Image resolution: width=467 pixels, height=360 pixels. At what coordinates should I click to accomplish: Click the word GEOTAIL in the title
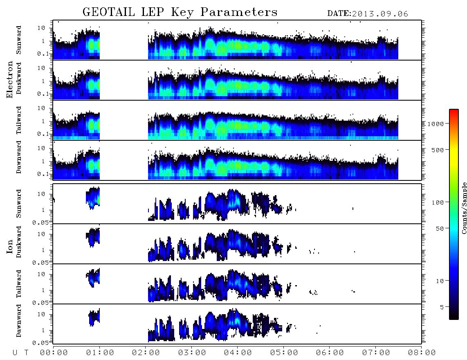pyautogui.click(x=109, y=12)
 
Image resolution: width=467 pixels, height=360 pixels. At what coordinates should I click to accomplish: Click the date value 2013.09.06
pyautogui.click(x=380, y=14)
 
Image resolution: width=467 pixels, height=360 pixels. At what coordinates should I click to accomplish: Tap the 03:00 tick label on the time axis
pyautogui.click(x=192, y=353)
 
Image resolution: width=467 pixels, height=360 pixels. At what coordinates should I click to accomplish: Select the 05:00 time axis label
pyautogui.click(x=284, y=353)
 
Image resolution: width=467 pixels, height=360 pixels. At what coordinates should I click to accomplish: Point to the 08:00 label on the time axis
pyautogui.click(x=422, y=353)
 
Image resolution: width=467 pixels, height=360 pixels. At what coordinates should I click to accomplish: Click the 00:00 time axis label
pyautogui.click(x=54, y=353)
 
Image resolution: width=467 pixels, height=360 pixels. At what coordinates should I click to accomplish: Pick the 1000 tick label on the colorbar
pyautogui.click(x=436, y=124)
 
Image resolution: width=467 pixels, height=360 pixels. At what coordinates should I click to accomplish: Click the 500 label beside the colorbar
pyautogui.click(x=438, y=150)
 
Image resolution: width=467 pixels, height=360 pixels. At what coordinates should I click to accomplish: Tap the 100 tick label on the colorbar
pyautogui.click(x=438, y=202)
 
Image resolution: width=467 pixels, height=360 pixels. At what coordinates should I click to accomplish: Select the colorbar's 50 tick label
pyautogui.click(x=440, y=229)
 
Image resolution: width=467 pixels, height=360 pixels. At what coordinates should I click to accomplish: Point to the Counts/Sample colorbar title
pyautogui.click(x=464, y=208)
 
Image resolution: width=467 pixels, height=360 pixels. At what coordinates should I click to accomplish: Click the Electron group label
pyautogui.click(x=9, y=79)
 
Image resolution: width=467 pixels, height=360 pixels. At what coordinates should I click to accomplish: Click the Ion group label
pyautogui.click(x=9, y=246)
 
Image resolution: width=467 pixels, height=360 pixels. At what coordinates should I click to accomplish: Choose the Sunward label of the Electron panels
pyautogui.click(x=19, y=40)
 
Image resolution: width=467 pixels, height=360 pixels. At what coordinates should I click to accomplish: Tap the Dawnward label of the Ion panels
pyautogui.click(x=19, y=320)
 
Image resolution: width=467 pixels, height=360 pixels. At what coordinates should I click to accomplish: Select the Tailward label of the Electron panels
pyautogui.click(x=19, y=120)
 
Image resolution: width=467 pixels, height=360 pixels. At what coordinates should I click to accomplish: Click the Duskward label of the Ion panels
pyautogui.click(x=19, y=242)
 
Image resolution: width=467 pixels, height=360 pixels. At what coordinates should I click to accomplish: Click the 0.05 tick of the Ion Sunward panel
pyautogui.click(x=40, y=222)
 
